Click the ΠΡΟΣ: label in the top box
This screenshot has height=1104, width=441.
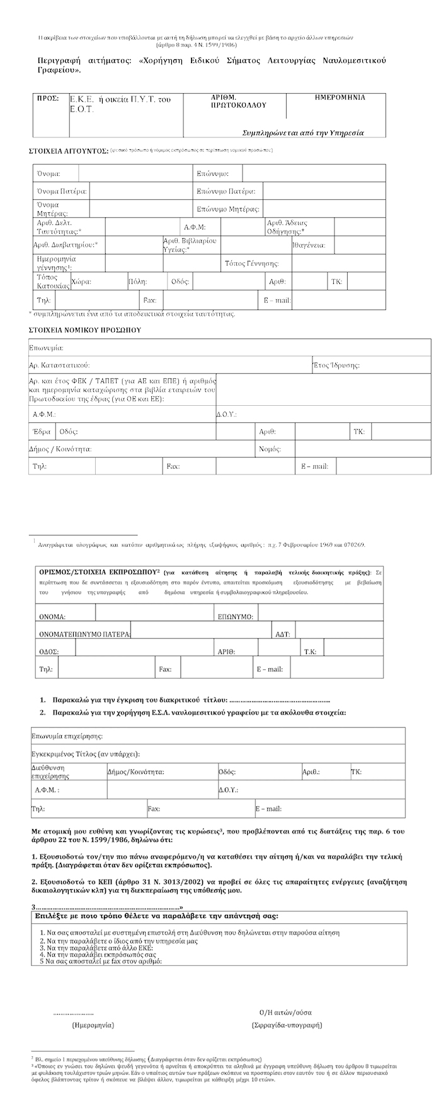point(47,98)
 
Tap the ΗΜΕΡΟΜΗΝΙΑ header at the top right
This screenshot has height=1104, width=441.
point(340,98)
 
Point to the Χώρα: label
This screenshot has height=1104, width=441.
point(82,282)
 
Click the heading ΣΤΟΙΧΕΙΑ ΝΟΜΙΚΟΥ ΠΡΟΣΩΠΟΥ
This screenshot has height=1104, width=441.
point(84,329)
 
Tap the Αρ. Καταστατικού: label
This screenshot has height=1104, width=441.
point(59,365)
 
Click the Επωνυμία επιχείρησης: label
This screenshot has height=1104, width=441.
point(67,735)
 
